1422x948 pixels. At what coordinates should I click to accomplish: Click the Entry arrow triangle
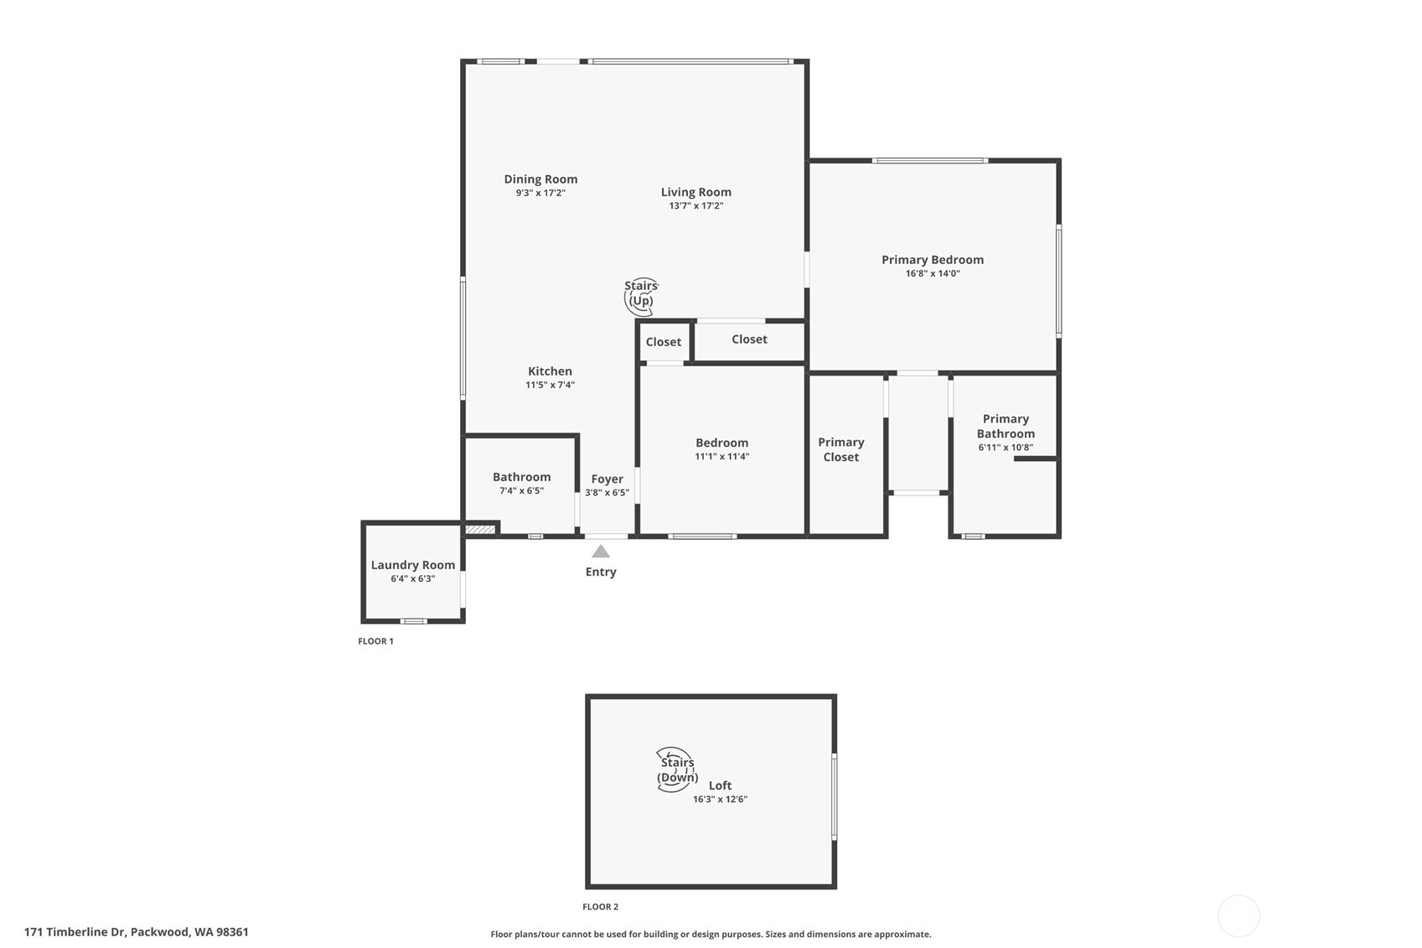[601, 552]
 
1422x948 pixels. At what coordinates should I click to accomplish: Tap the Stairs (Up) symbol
[641, 295]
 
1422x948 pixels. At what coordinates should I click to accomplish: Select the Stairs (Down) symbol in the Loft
[675, 769]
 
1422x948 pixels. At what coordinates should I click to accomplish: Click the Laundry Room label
[413, 565]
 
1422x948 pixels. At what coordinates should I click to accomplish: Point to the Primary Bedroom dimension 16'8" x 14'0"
[933, 273]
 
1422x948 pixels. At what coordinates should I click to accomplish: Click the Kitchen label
[550, 371]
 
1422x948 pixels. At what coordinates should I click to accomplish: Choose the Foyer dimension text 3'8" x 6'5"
[607, 493]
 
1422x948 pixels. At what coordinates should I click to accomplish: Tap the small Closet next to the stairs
[664, 342]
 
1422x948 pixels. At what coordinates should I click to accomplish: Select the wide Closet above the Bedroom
[749, 339]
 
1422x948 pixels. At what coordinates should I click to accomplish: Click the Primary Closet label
[840, 449]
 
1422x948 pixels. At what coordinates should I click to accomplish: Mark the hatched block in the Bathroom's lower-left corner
[480, 529]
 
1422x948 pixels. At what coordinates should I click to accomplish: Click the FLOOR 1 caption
[375, 641]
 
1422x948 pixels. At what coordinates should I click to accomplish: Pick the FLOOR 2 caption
[600, 907]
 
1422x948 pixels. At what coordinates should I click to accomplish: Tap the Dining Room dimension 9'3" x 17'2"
[540, 193]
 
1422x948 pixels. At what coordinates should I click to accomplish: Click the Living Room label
[695, 192]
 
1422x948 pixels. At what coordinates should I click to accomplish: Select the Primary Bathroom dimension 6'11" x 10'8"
[1006, 448]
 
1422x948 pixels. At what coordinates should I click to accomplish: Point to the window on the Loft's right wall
[834, 796]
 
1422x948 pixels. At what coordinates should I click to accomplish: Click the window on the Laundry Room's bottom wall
[413, 621]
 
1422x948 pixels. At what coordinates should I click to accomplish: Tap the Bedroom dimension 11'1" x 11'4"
[721, 457]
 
